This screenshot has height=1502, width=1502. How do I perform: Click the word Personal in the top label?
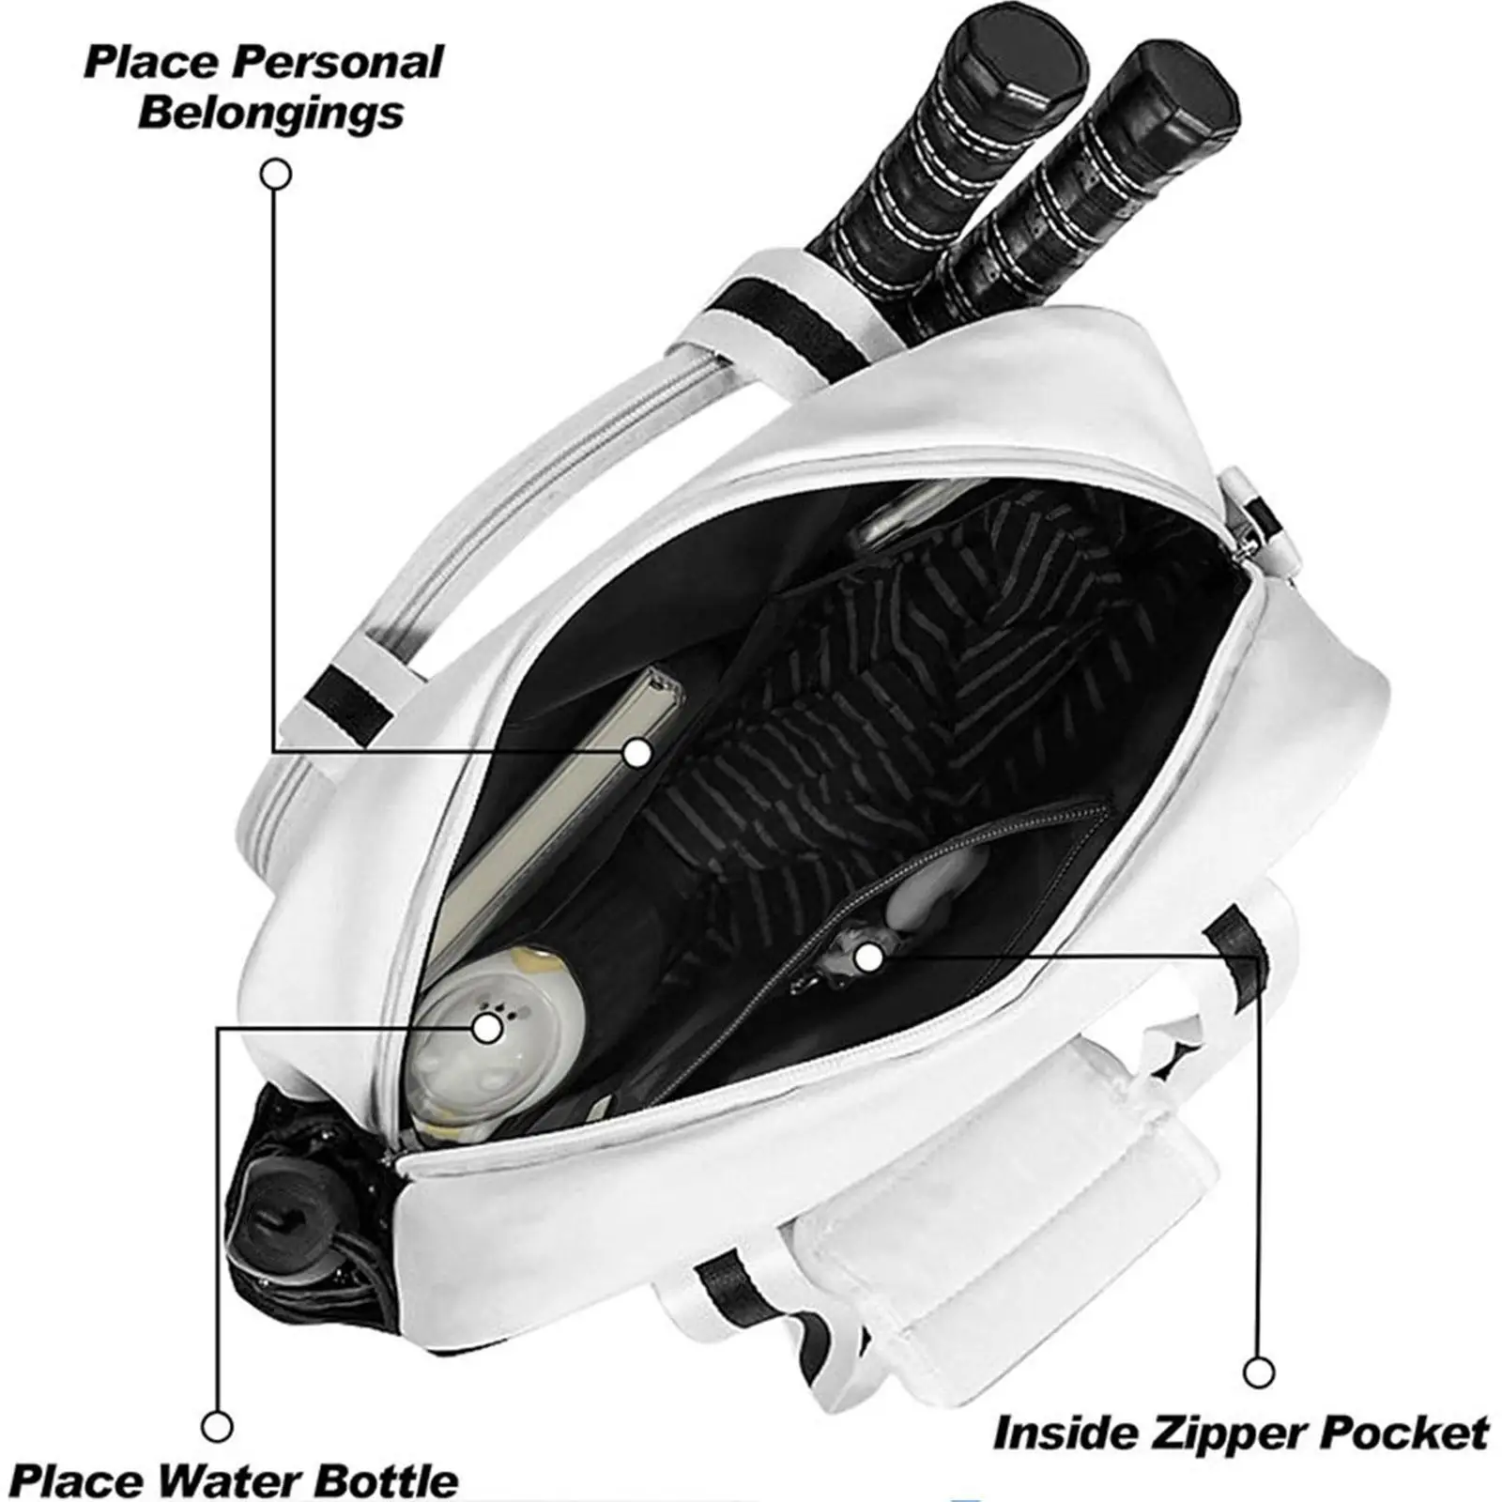(x=338, y=63)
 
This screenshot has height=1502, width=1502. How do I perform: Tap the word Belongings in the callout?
(x=271, y=113)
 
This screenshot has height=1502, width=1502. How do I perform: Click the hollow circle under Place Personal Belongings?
(x=275, y=174)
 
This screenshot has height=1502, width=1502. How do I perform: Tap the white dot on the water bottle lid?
(x=486, y=1029)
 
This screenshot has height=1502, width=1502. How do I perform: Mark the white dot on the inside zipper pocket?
(x=868, y=958)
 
